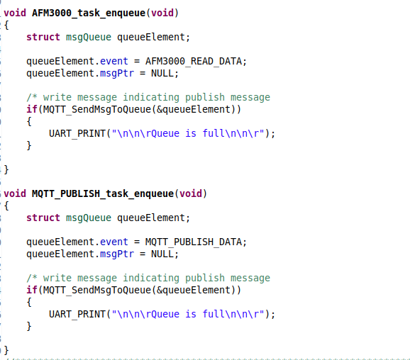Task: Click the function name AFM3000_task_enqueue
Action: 89,13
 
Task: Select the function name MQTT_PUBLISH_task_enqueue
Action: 103,194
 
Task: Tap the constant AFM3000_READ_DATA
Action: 194,62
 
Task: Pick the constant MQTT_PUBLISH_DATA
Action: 194,242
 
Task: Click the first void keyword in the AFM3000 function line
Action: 15,13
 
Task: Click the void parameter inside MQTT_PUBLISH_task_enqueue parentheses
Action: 191,193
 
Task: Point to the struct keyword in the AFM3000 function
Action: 43,37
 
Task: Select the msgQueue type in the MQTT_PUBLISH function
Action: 89,218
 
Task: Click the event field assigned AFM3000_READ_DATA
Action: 114,61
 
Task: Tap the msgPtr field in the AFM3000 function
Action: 117,74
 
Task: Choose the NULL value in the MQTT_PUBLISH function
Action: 162,254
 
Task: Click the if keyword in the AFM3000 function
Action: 32,109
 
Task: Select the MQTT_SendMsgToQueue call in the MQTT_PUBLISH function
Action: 97,291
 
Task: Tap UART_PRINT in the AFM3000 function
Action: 77,133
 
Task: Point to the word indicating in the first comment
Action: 151,98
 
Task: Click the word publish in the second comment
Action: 205,279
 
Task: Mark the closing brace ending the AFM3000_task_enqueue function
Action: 6,170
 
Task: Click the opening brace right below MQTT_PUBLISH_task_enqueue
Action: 6,206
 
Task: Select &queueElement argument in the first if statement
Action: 194,109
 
